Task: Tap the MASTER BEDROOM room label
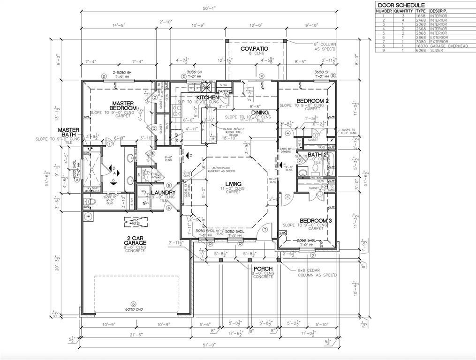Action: pos(123,105)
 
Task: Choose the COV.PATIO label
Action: pos(254,49)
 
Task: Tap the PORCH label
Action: pos(263,269)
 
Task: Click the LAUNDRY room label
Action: pos(163,193)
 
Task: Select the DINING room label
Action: pos(259,112)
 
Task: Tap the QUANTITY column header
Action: pos(403,11)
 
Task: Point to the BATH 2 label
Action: pos(317,154)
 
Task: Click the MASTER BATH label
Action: pos(68,132)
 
